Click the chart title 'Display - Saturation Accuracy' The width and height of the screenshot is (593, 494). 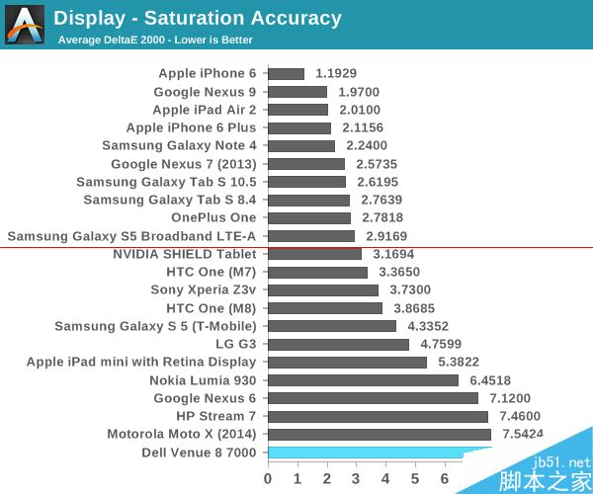coord(198,18)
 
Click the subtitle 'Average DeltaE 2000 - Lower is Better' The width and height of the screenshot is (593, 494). coord(155,41)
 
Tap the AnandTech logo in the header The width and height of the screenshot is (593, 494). coord(25,25)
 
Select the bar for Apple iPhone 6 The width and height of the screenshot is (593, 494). coord(286,73)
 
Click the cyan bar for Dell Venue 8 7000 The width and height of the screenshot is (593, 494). coord(376,453)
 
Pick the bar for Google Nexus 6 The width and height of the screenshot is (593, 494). coord(373,398)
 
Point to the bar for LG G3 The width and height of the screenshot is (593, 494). coord(338,344)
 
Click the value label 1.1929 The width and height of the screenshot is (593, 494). coord(337,73)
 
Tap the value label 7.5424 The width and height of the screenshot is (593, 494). coord(523,434)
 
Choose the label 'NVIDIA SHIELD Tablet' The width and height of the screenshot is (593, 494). coord(185,254)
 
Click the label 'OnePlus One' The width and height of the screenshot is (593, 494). coord(213,217)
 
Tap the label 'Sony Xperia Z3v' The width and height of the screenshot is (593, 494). coord(203,289)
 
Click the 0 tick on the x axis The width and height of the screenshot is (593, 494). coord(268,478)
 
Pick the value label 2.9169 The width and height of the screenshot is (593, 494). coord(387,236)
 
